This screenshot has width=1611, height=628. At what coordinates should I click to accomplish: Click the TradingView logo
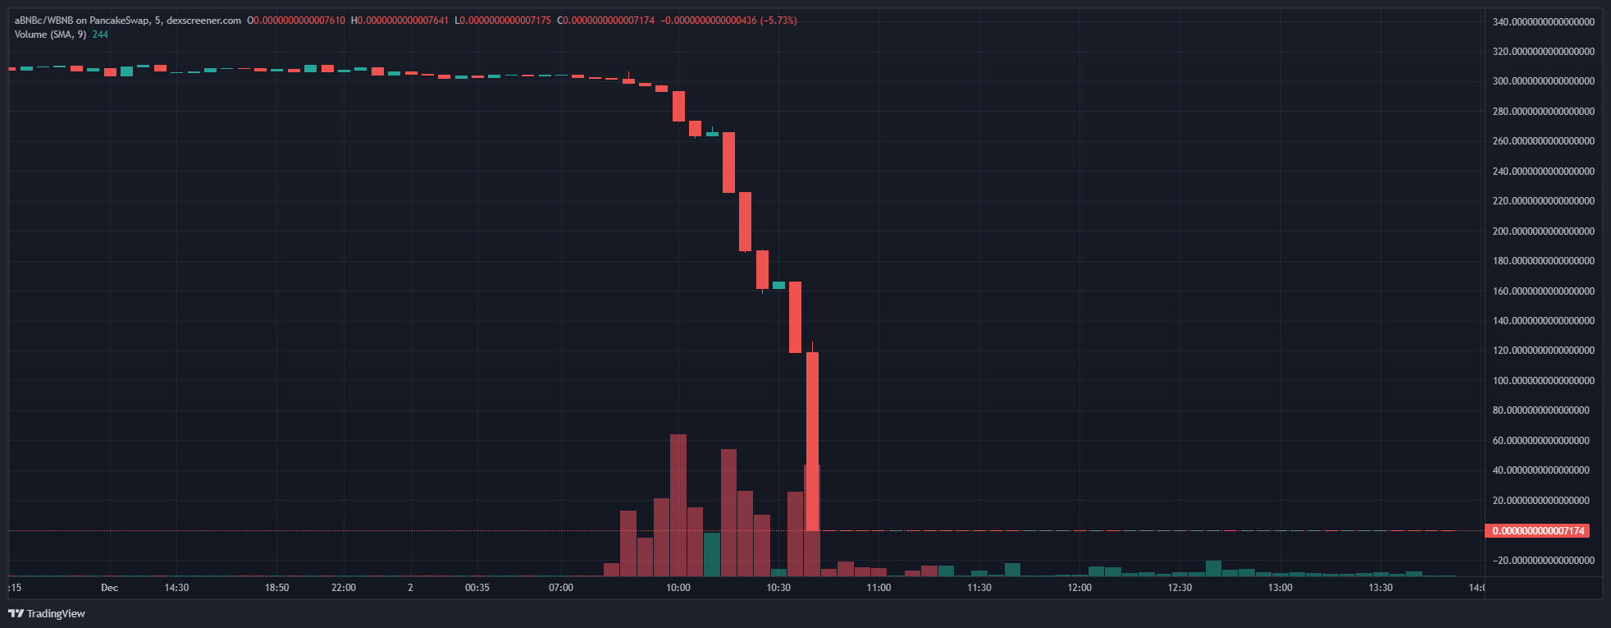click(x=47, y=613)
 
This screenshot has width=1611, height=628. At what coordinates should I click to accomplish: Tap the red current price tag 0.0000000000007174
click(x=1537, y=531)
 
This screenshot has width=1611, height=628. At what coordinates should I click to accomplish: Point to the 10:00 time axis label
click(x=678, y=588)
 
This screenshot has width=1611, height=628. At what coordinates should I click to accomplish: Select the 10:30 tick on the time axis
click(x=778, y=588)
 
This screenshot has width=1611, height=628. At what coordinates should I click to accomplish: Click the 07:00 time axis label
click(x=561, y=588)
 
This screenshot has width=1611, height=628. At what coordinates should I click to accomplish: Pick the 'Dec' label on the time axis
click(x=109, y=588)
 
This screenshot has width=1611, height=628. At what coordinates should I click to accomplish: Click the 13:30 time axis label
click(x=1381, y=588)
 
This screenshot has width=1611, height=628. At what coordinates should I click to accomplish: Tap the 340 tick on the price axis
click(x=1543, y=21)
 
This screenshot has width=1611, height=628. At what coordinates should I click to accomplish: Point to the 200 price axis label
click(x=1543, y=231)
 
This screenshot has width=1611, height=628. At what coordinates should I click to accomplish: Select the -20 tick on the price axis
click(x=1543, y=561)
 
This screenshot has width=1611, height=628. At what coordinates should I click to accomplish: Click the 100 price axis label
click(x=1543, y=381)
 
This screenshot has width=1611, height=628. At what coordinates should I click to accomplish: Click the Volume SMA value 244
click(x=100, y=34)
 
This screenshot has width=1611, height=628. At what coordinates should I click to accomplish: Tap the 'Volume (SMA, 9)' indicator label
click(x=50, y=34)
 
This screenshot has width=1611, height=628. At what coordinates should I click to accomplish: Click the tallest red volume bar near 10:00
click(x=678, y=505)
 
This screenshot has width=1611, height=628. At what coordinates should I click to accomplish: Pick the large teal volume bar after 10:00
click(x=712, y=554)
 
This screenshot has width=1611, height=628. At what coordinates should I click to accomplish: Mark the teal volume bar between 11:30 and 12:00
click(x=1012, y=569)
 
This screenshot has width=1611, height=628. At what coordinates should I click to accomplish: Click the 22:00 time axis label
click(x=344, y=588)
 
